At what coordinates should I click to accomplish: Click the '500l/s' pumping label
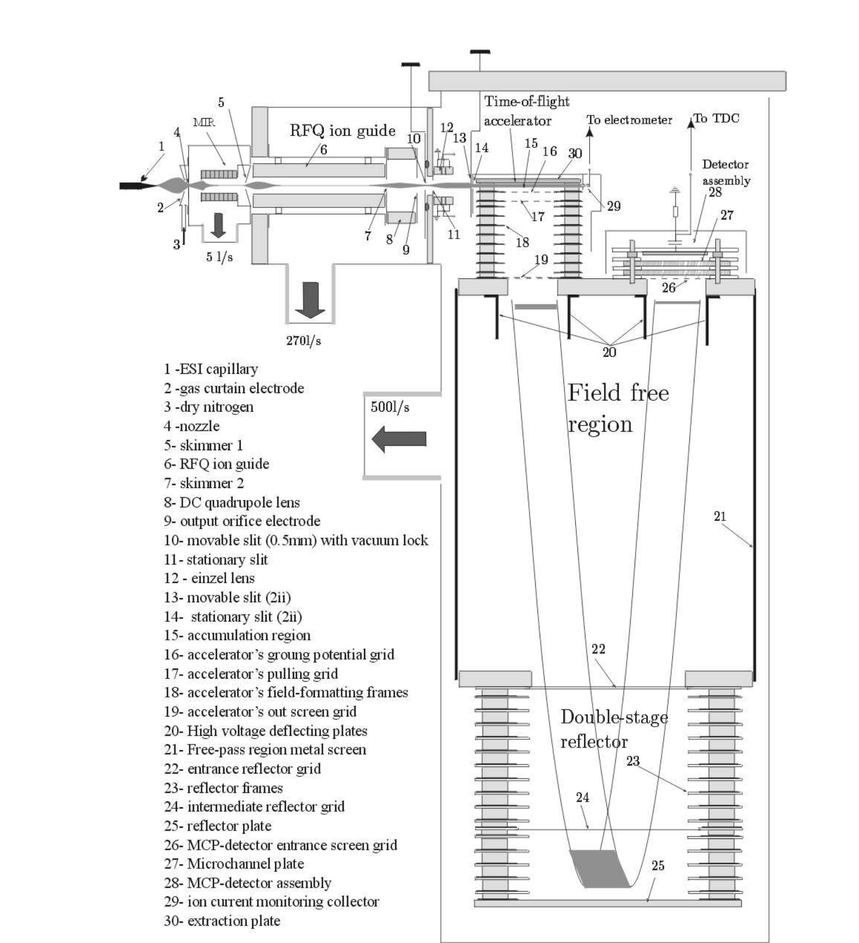(x=390, y=407)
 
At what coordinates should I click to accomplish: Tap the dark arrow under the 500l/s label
(x=399, y=439)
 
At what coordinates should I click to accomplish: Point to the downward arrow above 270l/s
(x=310, y=300)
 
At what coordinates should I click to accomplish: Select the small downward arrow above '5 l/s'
(x=218, y=224)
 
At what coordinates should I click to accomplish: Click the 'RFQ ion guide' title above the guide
(x=342, y=130)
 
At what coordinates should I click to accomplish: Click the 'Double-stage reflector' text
(x=614, y=729)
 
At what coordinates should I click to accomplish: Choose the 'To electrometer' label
(x=629, y=120)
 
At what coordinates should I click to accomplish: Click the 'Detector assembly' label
(x=726, y=172)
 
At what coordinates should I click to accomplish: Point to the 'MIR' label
(x=204, y=123)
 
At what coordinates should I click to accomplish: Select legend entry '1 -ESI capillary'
(x=210, y=369)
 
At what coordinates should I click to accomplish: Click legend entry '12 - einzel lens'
(x=209, y=578)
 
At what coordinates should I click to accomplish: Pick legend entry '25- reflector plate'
(x=217, y=826)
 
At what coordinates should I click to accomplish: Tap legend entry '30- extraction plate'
(x=222, y=921)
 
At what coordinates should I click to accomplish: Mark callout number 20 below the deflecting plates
(x=609, y=352)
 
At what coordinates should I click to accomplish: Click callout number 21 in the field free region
(x=720, y=516)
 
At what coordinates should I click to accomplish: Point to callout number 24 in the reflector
(x=582, y=797)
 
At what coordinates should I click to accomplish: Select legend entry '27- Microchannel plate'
(x=234, y=864)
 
